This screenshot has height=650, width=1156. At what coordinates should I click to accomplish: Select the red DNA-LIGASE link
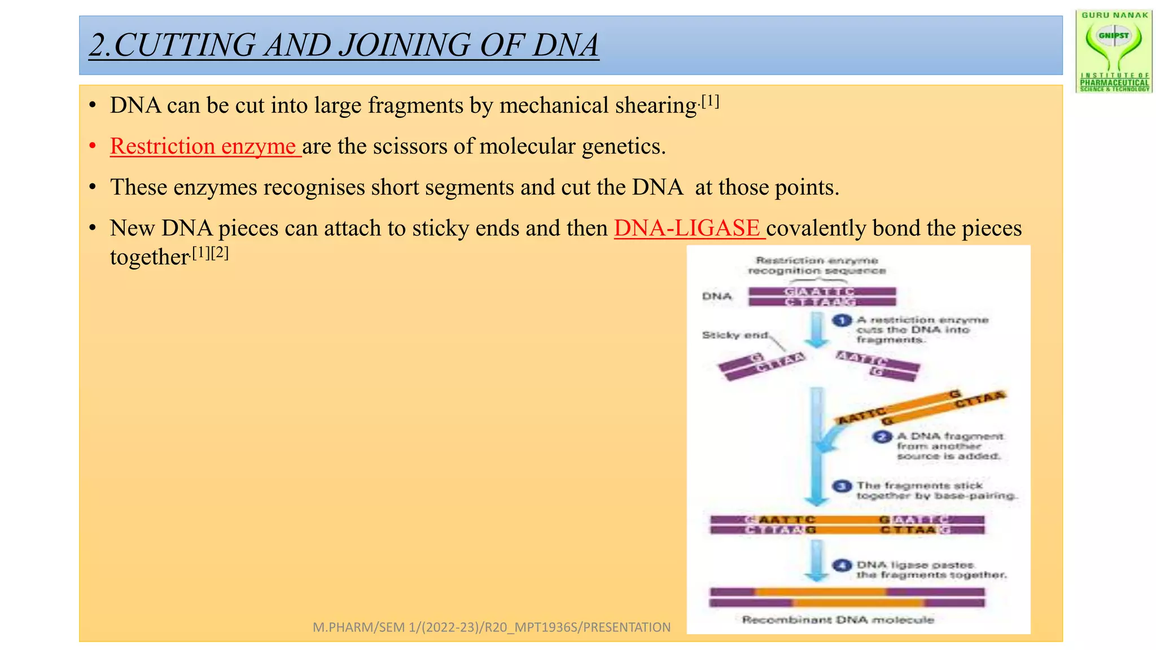coord(688,229)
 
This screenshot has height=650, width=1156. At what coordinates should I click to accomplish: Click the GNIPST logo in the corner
coord(1114,51)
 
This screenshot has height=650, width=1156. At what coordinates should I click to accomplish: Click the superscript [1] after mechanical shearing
coord(710,102)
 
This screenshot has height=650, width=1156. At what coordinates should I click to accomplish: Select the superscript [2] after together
coord(220,253)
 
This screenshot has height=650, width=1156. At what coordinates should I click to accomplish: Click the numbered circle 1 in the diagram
coord(842,321)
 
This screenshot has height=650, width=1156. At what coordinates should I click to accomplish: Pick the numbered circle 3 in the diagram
coord(842,486)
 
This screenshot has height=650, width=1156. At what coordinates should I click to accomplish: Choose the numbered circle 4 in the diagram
coord(842,565)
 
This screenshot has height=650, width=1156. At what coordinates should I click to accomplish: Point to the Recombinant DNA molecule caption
coord(838,620)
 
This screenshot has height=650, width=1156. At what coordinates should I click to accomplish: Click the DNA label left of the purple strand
coord(717,296)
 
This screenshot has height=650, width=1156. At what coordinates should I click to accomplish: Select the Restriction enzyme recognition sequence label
coord(817,266)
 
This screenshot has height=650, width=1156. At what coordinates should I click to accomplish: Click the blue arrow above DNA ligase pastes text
coord(817,560)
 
